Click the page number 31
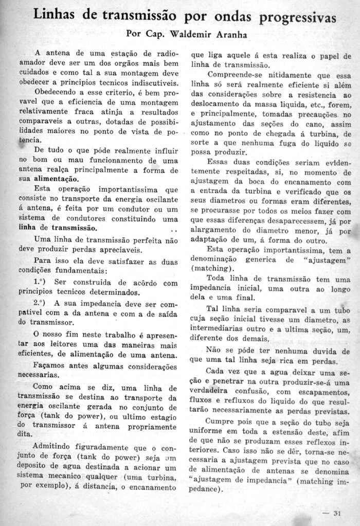coord(337,513)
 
